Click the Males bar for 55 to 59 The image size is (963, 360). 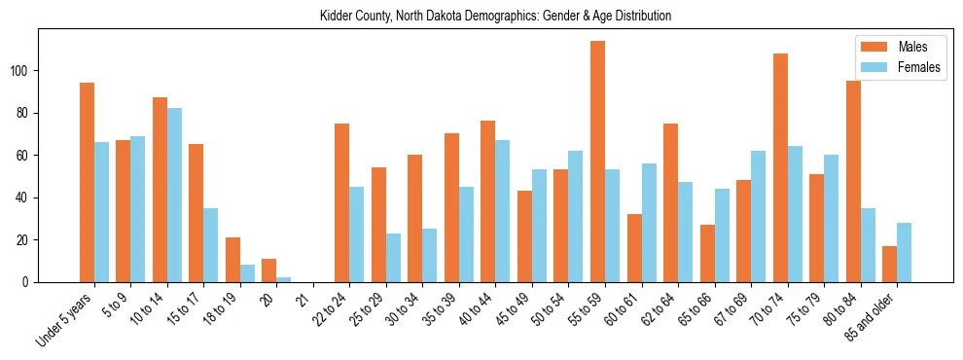pos(597,162)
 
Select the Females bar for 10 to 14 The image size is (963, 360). pos(174,195)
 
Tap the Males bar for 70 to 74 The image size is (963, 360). pos(780,167)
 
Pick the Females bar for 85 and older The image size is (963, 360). pos(905,252)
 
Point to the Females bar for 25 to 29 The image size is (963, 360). pos(393,258)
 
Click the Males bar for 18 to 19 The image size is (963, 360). pos(232,260)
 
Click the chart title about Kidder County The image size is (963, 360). pos(495,17)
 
